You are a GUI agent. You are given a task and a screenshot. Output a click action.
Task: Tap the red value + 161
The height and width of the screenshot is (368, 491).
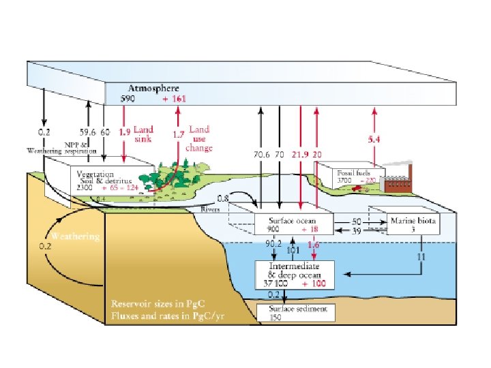coord(174,99)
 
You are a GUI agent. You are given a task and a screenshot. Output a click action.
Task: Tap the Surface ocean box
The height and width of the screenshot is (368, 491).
coord(293,224)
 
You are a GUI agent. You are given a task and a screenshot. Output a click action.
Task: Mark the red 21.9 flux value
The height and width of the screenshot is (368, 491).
coord(301,155)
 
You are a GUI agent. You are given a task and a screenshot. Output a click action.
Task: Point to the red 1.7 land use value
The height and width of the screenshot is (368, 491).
coord(177,135)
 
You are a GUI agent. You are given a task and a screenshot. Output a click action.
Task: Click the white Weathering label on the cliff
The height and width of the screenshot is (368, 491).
coord(76,236)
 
